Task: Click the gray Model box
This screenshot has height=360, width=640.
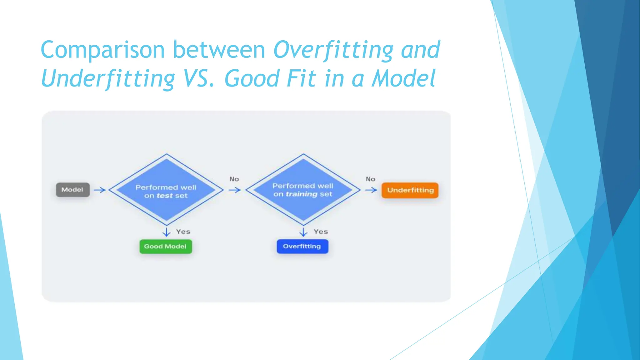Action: pos(72,190)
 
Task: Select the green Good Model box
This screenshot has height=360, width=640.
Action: pos(165,247)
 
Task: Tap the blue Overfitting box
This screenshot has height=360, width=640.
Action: pos(302,246)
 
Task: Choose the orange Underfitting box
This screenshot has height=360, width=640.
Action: pos(410,190)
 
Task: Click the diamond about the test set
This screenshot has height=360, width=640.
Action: pos(166,175)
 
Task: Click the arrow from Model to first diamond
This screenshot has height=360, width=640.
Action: pos(100,190)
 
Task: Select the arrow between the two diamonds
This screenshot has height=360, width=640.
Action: pos(234,190)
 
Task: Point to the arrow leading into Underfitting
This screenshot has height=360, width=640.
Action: pos(371,190)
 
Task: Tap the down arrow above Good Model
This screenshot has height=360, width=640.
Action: pos(167,232)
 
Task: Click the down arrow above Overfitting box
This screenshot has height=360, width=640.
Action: pos(303,232)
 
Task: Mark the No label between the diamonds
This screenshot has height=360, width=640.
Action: pos(234,179)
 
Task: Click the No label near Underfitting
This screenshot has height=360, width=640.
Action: pos(370,179)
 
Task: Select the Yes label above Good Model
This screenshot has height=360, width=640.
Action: pos(183,232)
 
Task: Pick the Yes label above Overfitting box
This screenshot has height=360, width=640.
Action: pos(321,232)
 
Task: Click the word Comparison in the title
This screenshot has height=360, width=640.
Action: pos(102,50)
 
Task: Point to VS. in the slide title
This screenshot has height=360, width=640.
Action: pos(199,78)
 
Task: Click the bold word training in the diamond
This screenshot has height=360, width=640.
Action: pos(302,194)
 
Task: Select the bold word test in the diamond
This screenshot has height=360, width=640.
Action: pos(164,196)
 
